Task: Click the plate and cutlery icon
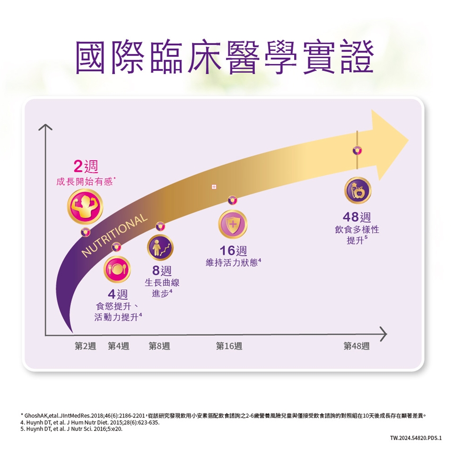pos(117,269)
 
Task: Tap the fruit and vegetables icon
pos(357,191)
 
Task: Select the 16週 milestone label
pos(233,251)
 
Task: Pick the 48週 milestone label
pos(357,218)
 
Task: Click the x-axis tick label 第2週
pos(85,346)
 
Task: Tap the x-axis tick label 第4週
pos(118,346)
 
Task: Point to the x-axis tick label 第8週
pos(159,346)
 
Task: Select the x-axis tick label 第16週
pos(229,346)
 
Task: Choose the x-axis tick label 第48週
pos(357,346)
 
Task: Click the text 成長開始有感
pos(85,182)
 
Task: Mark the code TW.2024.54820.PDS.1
pos(415,438)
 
